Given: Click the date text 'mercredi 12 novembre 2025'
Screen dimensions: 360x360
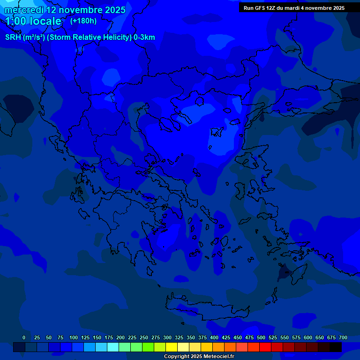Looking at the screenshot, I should tap(65, 10).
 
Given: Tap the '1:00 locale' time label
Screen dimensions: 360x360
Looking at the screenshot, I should tap(33, 21).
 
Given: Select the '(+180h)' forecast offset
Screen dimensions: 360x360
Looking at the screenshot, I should tap(83, 21).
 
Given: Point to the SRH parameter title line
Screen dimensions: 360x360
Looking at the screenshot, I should tap(80, 37).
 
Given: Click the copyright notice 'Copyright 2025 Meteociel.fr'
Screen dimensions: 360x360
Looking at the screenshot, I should tap(199, 357).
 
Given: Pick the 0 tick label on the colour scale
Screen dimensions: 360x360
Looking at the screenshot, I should tap(24, 337).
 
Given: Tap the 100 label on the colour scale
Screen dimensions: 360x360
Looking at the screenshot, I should tap(74, 337).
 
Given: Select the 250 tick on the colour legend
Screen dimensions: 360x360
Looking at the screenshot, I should tap(144, 337).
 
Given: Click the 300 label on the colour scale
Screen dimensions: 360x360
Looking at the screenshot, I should tap(167, 337).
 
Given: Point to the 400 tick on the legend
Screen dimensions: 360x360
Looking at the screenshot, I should tap(214, 337).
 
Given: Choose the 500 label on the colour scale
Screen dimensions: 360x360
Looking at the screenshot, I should tap(261, 337).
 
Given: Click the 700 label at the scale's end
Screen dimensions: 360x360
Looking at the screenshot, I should tap(343, 337).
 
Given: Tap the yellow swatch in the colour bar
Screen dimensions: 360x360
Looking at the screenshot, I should tap(172, 347).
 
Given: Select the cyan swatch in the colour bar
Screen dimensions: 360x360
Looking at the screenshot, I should tap(113, 347).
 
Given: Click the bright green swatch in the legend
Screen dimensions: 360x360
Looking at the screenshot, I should tap(148, 347).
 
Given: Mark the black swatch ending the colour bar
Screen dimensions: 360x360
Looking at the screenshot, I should tap(336, 347).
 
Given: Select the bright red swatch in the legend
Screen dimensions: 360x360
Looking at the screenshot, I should tap(265, 347).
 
